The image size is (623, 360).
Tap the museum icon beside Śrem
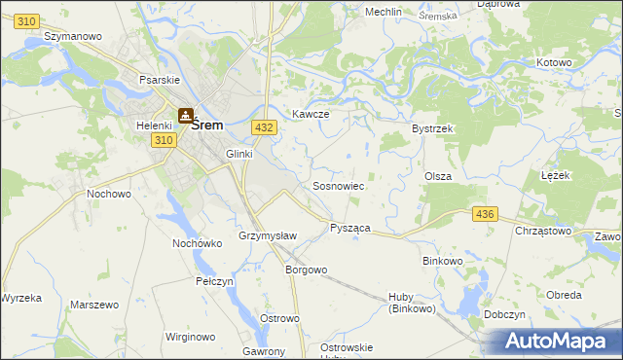[x=185, y=116]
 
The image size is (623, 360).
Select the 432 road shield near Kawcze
[x=263, y=127]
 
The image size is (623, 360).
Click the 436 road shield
[x=484, y=214]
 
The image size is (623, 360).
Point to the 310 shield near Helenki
[x=164, y=141]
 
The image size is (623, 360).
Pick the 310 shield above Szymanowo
[x=27, y=21]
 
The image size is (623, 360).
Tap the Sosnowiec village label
[x=338, y=185]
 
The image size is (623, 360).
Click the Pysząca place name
[x=349, y=227]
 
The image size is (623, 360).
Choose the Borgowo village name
[x=305, y=270]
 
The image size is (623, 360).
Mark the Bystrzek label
[x=433, y=128]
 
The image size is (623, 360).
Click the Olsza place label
[x=436, y=175]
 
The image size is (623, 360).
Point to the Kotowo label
[x=554, y=62]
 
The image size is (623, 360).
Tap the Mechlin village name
[x=384, y=12]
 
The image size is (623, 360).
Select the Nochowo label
[x=109, y=194]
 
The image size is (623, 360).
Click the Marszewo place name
[x=94, y=305]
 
